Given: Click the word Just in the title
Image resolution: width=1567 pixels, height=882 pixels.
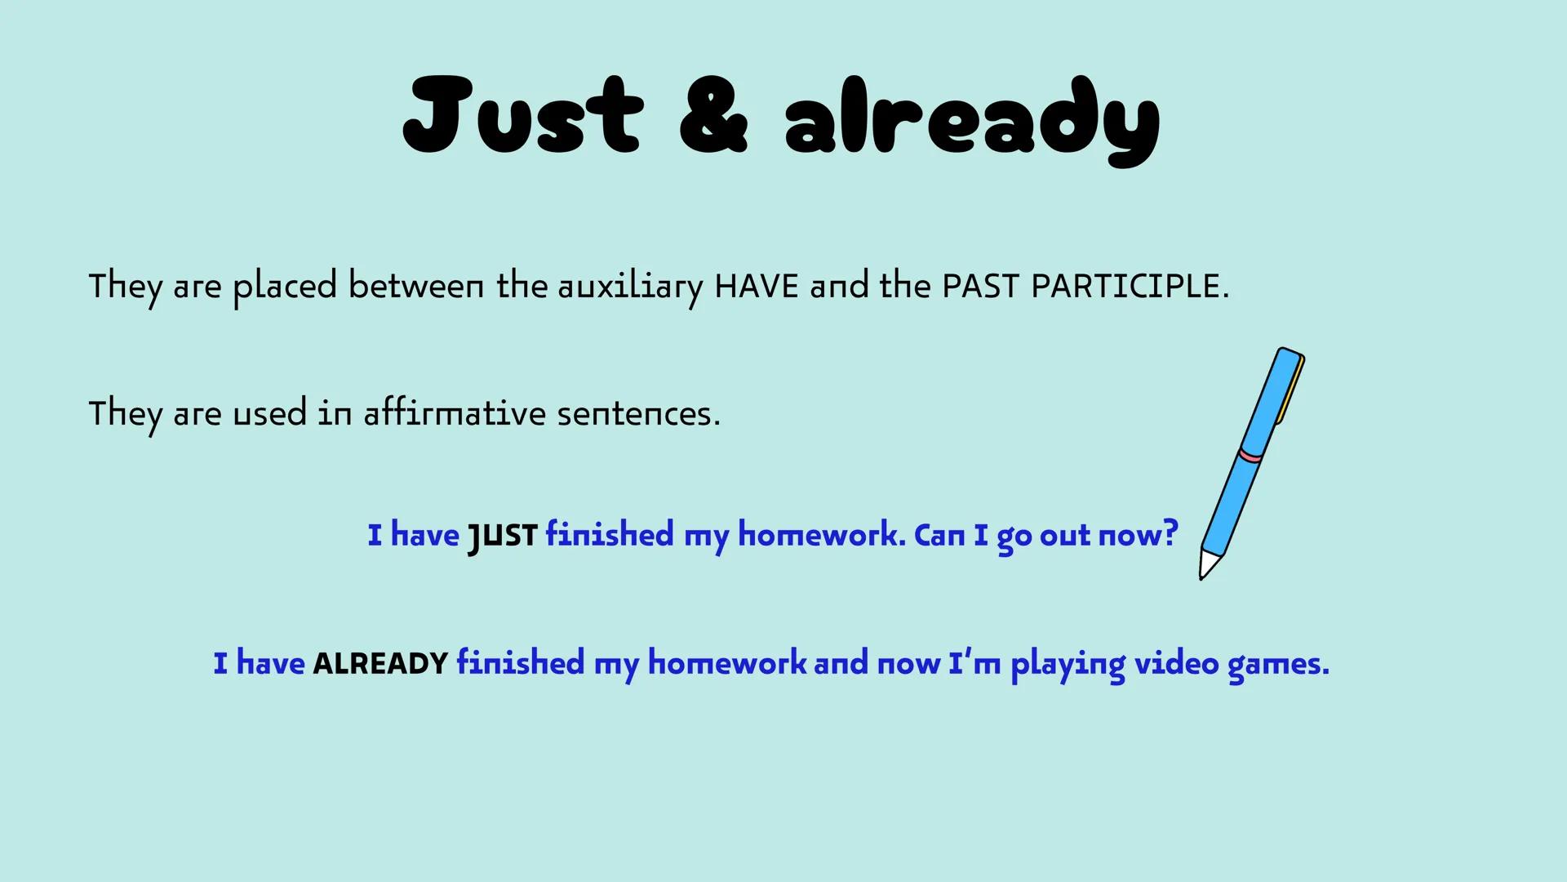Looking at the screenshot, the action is coord(523,115).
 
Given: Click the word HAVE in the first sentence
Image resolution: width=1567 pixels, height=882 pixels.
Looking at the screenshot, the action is coord(757,287).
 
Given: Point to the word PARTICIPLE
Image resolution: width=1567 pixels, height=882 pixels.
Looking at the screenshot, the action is coord(1130,287).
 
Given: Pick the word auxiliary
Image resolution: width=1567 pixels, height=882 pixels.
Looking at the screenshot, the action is coord(631,288).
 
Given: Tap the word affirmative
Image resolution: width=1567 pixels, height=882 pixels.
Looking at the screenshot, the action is coord(455,412).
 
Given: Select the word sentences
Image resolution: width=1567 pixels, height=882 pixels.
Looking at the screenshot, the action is coord(639,414).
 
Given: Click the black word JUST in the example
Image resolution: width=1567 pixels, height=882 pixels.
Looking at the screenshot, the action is coord(502,537).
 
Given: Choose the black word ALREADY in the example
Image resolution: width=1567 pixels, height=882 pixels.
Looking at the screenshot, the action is coord(380,663).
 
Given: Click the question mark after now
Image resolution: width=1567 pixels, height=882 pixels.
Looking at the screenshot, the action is coord(1170,533).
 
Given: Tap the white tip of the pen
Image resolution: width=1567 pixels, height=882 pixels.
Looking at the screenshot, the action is coord(1207,563).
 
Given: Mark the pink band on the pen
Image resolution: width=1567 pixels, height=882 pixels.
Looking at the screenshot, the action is coord(1250,455).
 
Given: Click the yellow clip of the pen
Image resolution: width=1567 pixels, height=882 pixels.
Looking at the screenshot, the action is coord(1290,391).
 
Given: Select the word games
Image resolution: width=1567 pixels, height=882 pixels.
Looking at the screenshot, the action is coord(1279,665).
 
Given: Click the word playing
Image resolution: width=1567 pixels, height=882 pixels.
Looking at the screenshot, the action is coord(1068,665).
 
